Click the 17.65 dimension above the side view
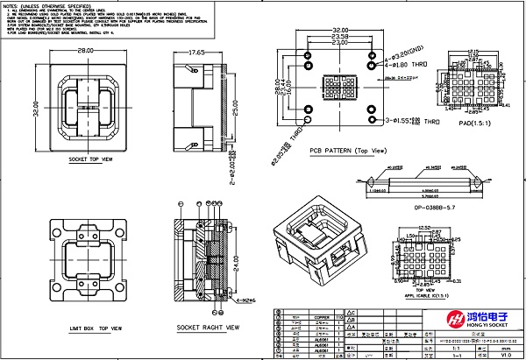(x=195, y=53)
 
